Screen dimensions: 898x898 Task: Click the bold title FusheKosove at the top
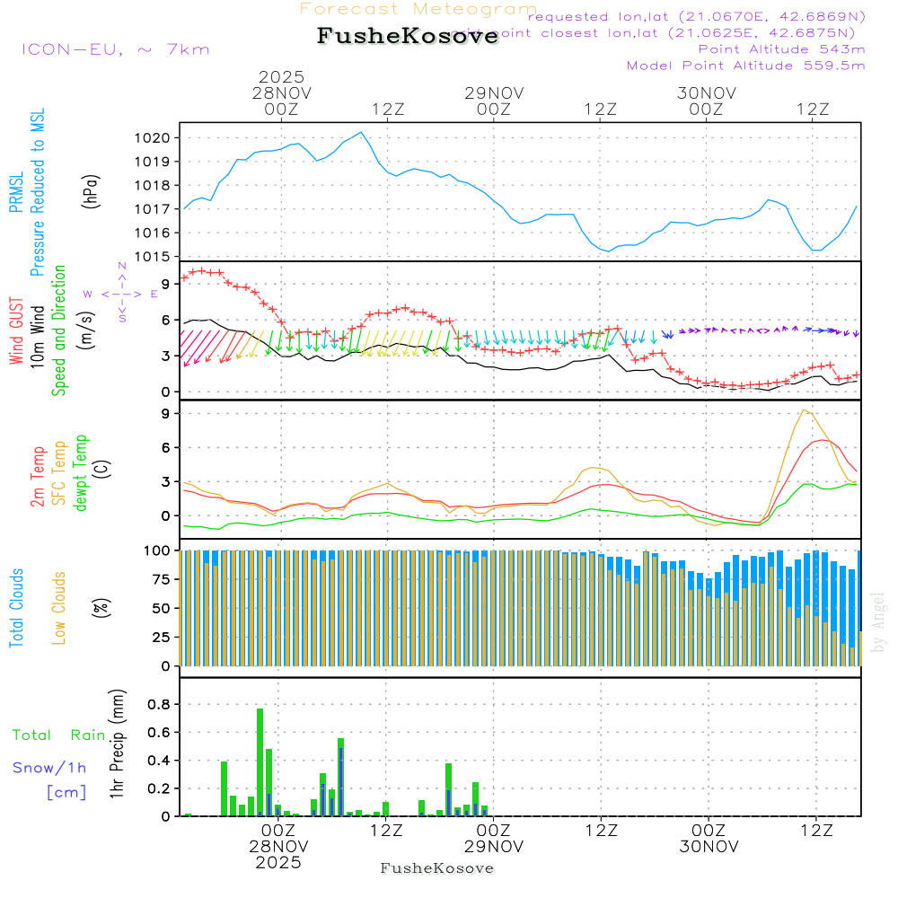click(408, 37)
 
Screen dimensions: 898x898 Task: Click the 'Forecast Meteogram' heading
click(418, 9)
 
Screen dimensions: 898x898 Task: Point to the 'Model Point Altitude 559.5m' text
click(745, 66)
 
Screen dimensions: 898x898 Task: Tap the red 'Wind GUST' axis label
click(16, 332)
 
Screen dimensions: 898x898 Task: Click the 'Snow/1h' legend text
click(49, 768)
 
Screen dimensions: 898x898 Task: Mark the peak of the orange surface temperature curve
click(806, 410)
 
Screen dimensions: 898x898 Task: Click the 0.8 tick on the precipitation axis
click(159, 704)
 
